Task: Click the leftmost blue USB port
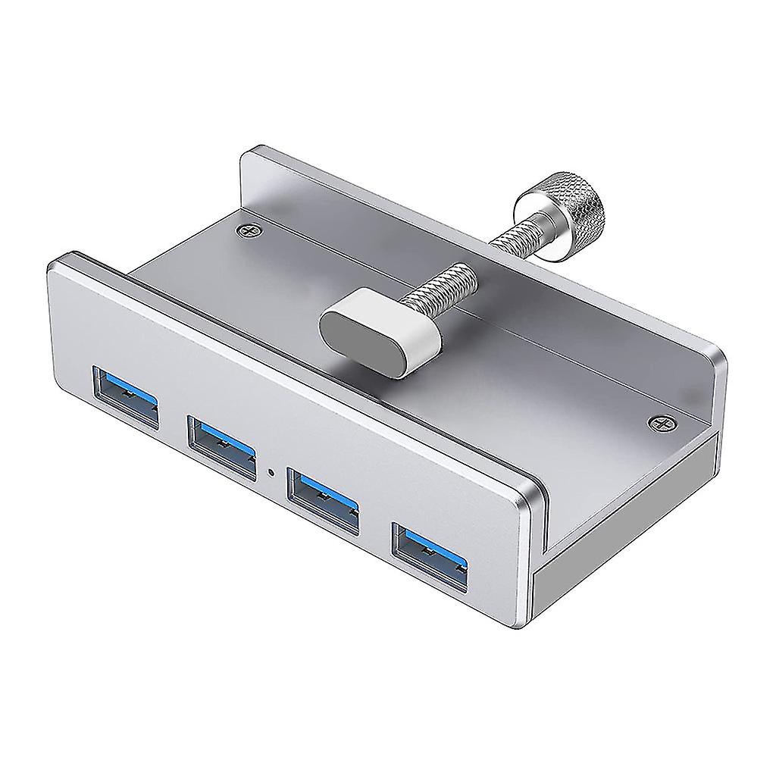(x=126, y=396)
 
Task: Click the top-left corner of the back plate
(x=246, y=155)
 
